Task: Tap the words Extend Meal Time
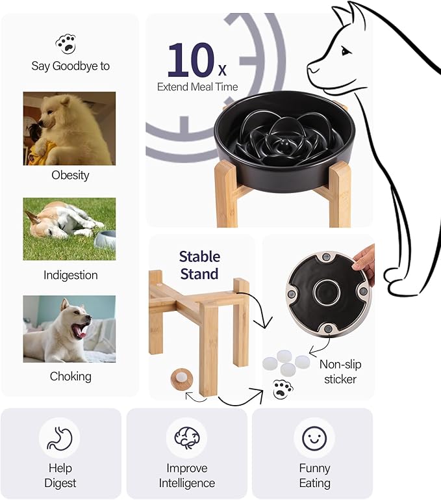(x=197, y=87)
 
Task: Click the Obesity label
(x=70, y=175)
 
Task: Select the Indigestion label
(x=70, y=275)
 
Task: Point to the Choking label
(x=70, y=376)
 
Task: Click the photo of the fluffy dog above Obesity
(x=69, y=128)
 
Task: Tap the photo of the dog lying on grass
(x=69, y=229)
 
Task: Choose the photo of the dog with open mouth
(x=69, y=329)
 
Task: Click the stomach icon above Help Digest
(x=60, y=438)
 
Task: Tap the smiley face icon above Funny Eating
(x=314, y=438)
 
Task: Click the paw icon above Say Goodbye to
(x=65, y=44)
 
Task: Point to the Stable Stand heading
(x=199, y=265)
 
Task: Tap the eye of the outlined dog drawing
(x=344, y=51)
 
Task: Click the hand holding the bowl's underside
(x=366, y=263)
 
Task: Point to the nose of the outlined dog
(x=310, y=68)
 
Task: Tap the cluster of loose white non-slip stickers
(x=284, y=362)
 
